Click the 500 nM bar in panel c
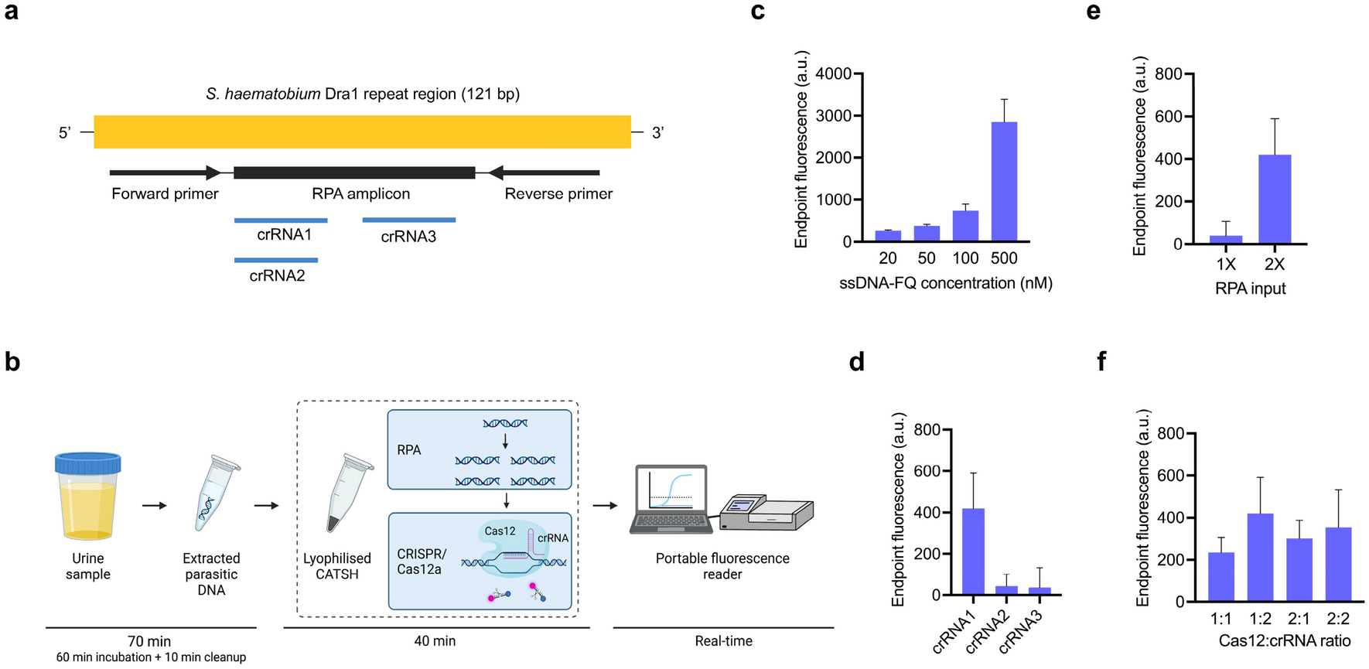(1004, 182)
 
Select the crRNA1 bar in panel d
(973, 551)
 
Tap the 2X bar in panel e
(1274, 200)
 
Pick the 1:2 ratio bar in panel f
(1260, 557)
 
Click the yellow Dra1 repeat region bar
(362, 132)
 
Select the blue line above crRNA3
(408, 220)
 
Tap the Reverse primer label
(558, 194)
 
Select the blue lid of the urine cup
(88, 464)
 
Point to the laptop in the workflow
(671, 499)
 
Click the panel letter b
(12, 362)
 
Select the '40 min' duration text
(435, 641)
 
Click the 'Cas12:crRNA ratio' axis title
(1284, 641)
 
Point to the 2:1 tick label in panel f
(1299, 619)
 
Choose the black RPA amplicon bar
(354, 172)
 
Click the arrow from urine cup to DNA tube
(155, 506)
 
